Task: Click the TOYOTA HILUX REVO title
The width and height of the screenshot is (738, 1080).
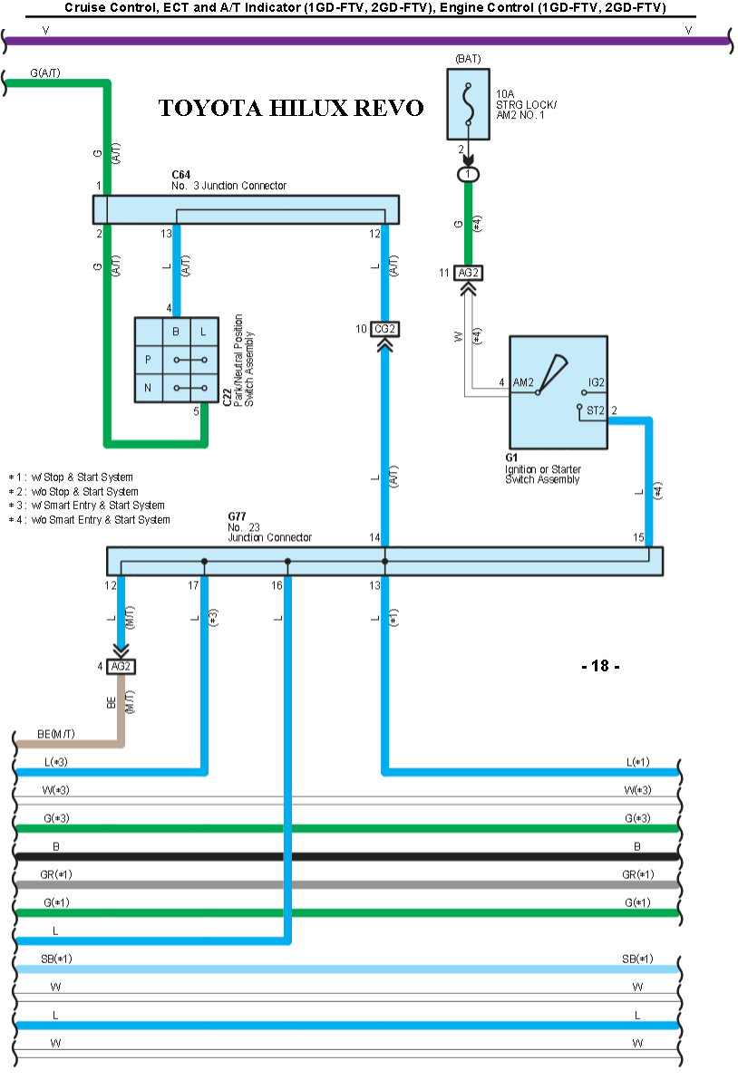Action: (291, 108)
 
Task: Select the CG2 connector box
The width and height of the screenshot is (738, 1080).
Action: (385, 329)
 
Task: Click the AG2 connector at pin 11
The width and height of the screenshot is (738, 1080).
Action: (468, 272)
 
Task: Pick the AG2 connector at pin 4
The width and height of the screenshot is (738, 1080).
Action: (120, 666)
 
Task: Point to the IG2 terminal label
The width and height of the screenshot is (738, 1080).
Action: (596, 382)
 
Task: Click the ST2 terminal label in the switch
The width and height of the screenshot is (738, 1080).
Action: (596, 410)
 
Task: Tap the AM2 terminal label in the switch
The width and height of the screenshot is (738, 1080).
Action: (523, 382)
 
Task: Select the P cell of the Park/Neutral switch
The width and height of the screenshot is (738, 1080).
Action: (148, 360)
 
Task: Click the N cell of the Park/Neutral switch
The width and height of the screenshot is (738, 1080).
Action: (148, 388)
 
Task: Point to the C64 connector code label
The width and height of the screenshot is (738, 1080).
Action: (180, 174)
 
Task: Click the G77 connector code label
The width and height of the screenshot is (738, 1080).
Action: (237, 516)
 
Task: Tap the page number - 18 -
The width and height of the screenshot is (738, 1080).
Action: (599, 666)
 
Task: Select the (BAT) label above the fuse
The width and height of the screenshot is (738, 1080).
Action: (468, 59)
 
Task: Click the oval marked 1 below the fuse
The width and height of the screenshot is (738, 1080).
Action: (468, 173)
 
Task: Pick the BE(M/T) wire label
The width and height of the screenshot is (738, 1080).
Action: (55, 732)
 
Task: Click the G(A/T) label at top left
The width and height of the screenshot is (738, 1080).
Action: (45, 72)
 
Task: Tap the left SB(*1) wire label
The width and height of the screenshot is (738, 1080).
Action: (55, 958)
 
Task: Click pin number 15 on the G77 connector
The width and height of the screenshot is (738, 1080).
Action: (639, 538)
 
